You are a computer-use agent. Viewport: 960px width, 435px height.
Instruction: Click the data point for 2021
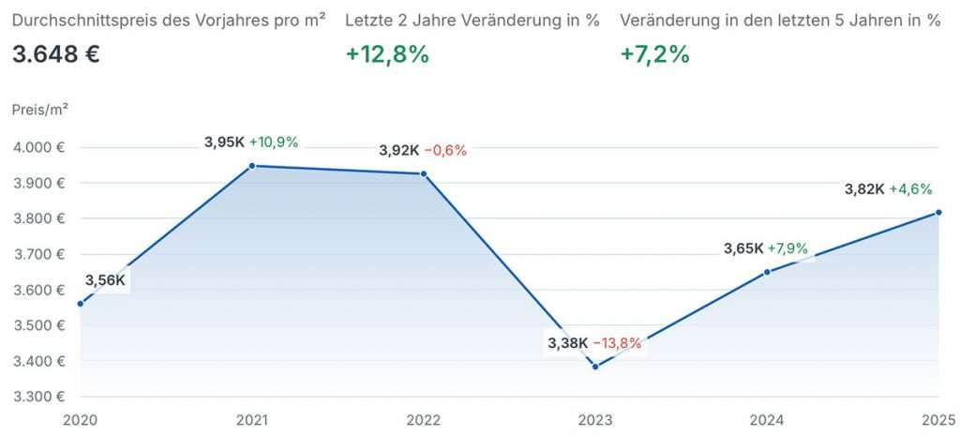[252, 166]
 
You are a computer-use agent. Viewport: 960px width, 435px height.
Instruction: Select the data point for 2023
[595, 367]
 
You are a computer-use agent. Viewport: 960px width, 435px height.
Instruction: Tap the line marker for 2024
[767, 272]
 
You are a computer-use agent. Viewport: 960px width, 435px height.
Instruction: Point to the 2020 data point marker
[81, 304]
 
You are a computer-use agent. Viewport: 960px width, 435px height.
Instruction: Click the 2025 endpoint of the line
[938, 212]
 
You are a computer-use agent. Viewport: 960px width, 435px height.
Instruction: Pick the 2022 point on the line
[424, 173]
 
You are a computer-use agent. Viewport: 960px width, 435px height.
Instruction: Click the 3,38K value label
[567, 343]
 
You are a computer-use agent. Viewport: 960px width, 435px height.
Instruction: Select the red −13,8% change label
[617, 343]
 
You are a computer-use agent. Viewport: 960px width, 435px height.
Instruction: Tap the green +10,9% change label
[274, 142]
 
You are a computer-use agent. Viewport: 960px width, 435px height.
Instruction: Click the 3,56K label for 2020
[105, 279]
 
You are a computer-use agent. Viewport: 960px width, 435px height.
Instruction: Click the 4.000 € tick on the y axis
[38, 148]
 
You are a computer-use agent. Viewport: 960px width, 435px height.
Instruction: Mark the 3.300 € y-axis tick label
[38, 397]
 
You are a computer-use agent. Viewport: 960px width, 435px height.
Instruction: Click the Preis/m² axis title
[40, 109]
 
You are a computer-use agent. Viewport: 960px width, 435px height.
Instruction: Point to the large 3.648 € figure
[56, 53]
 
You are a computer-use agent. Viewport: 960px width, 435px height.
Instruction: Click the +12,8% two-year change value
[387, 53]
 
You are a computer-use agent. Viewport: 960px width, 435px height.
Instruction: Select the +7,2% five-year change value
[655, 53]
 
